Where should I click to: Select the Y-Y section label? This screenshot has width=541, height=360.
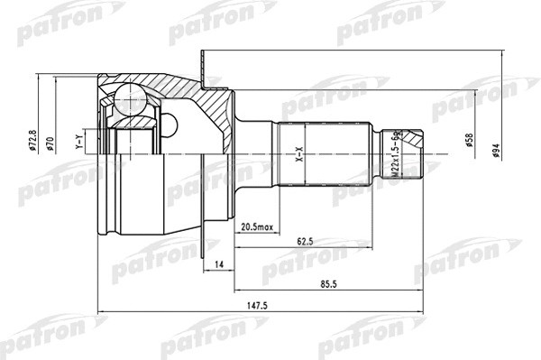click(x=79, y=142)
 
